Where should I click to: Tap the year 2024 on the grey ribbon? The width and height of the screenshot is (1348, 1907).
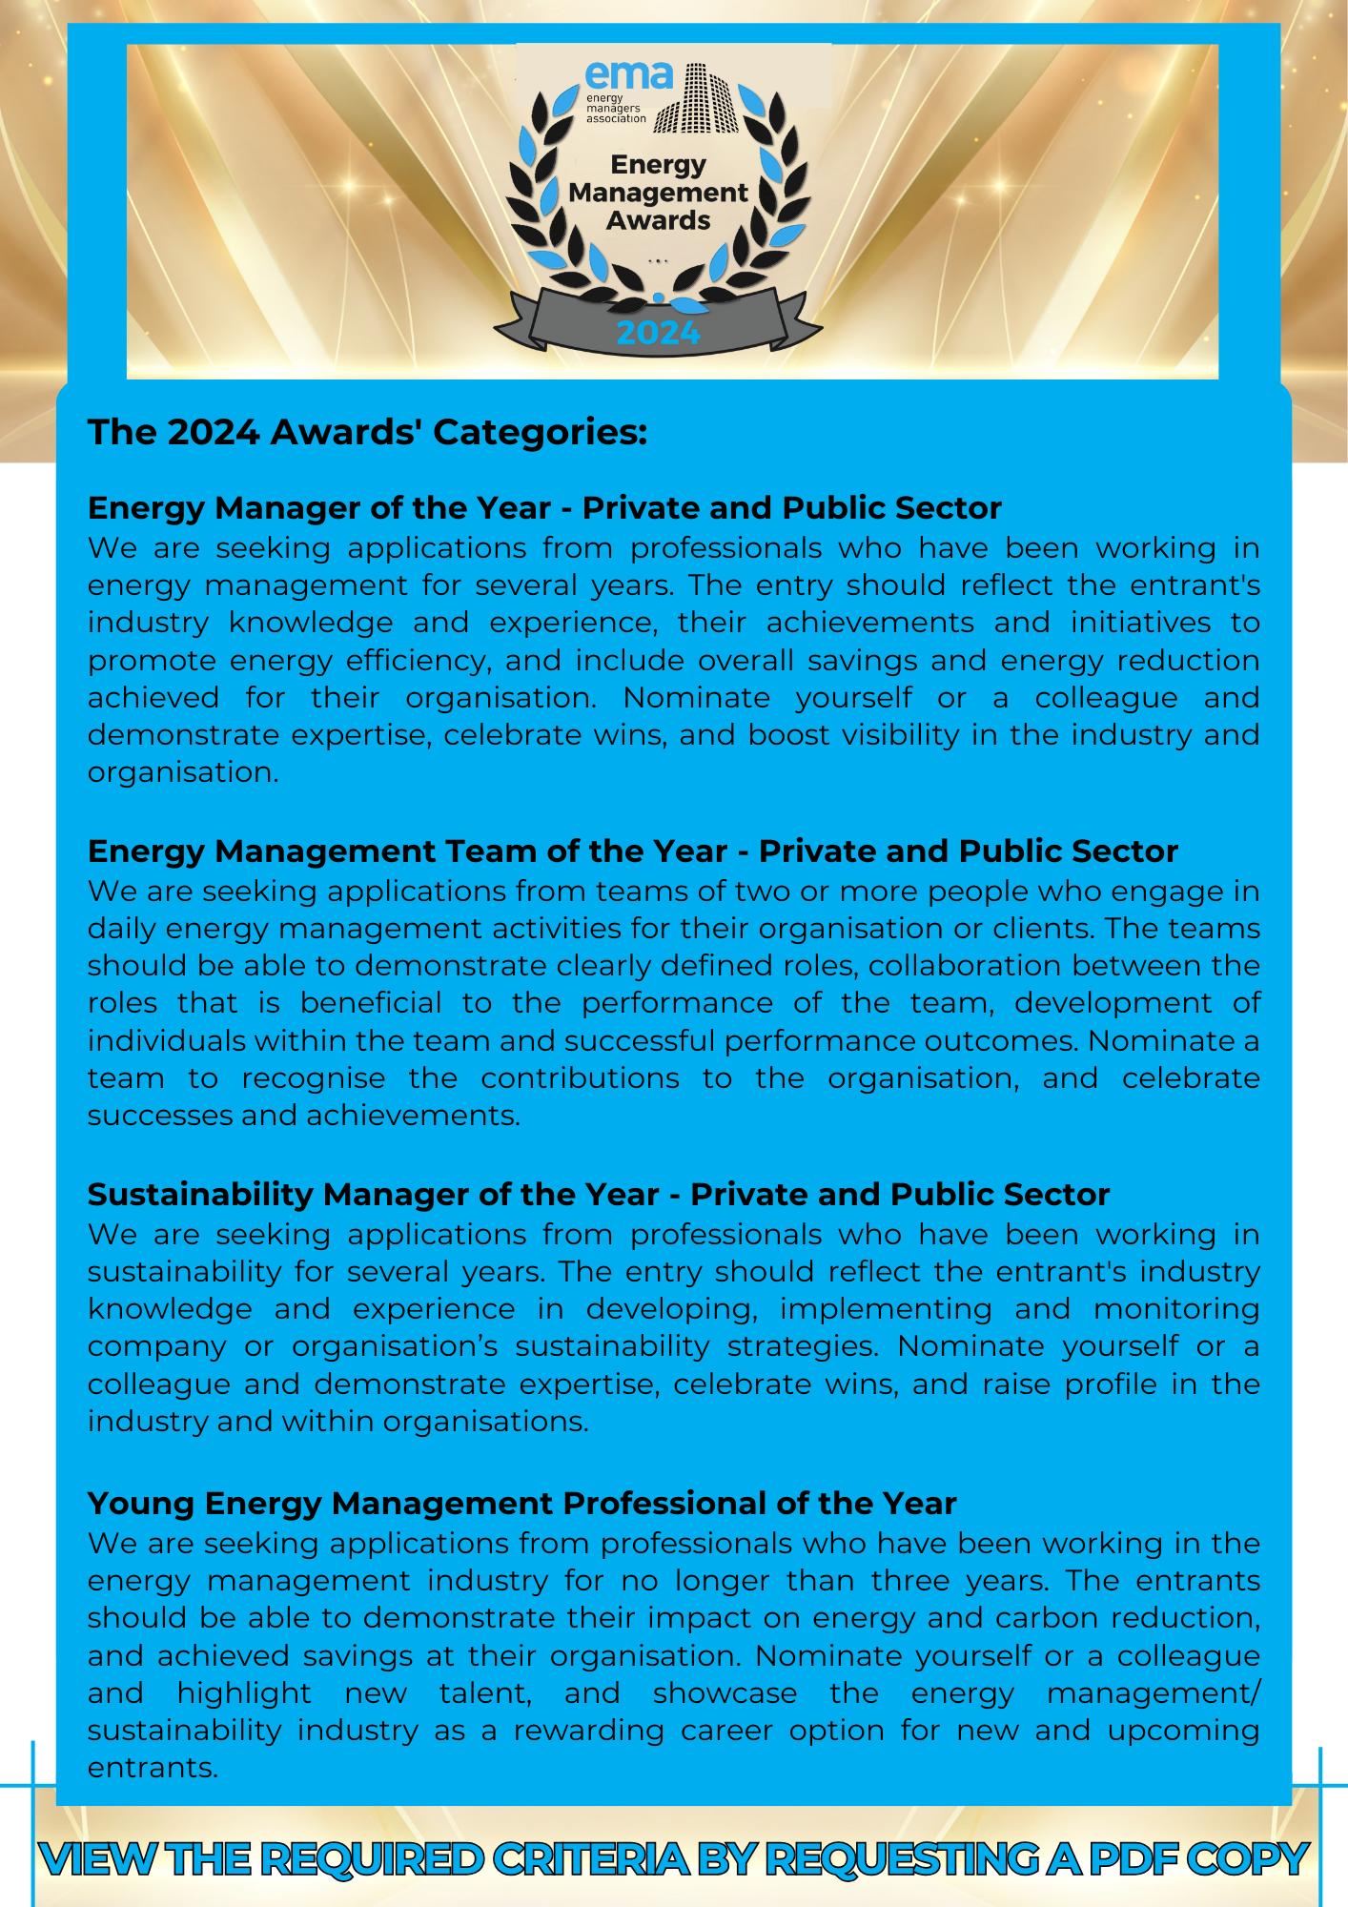click(658, 333)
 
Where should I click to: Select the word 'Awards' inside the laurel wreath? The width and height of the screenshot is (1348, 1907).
click(658, 220)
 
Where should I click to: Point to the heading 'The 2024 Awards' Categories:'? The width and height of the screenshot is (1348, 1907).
click(368, 432)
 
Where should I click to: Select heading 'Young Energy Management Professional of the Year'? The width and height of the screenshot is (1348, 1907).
click(521, 1503)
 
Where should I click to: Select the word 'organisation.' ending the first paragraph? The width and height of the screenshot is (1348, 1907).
click(183, 772)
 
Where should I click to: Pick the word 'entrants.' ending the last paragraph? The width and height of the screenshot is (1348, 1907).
click(153, 1768)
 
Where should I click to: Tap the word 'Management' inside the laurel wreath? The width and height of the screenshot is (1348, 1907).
click(658, 193)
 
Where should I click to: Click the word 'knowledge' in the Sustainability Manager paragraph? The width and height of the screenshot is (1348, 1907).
click(170, 1308)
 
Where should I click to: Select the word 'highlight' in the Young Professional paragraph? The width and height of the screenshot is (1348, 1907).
click(243, 1692)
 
